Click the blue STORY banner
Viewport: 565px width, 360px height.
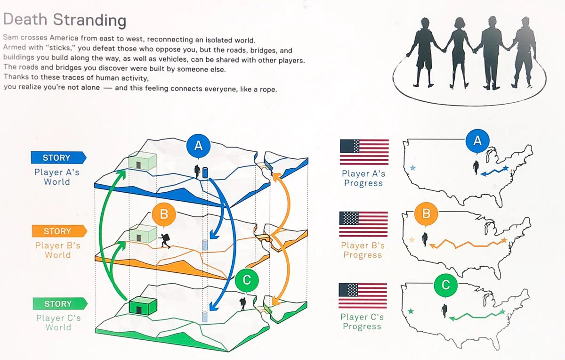58,157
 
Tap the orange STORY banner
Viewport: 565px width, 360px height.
59,231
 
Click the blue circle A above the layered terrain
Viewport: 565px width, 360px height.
199,146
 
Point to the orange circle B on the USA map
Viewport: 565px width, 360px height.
426,213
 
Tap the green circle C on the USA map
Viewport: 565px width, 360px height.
446,285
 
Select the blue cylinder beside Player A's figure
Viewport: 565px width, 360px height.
205,172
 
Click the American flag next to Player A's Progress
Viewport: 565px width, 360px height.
364,152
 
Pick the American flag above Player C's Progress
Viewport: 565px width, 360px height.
363,295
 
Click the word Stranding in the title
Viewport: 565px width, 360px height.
89,20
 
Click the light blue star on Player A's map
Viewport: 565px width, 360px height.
412,167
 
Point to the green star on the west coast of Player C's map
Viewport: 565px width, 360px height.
411,311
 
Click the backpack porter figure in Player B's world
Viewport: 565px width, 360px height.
164,241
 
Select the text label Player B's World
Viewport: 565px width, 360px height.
58,250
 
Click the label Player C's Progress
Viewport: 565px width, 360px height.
362,321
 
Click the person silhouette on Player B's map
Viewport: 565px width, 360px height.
425,239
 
